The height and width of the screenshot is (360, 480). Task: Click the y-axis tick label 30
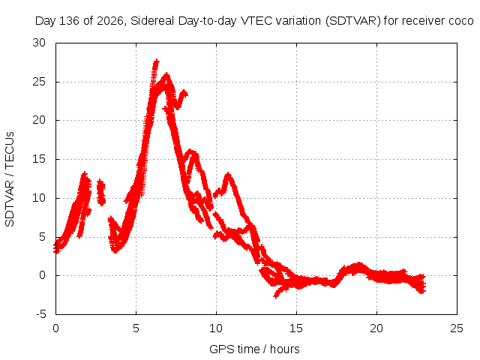coord(39,43)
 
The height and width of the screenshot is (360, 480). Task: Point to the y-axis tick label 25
coord(39,82)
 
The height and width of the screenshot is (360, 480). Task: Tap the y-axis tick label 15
coord(39,159)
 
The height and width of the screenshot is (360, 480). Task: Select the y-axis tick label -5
coord(41,314)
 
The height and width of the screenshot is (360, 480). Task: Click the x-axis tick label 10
coord(216,328)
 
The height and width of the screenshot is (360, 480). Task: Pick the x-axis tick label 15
coord(296,328)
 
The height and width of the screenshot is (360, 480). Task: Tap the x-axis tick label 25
coord(457,328)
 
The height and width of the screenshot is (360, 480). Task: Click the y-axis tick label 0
coord(42,275)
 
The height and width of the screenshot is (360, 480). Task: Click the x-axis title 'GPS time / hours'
coord(254,349)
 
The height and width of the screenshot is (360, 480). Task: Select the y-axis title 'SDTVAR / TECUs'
coord(10,179)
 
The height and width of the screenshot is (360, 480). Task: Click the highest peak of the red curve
coord(157,61)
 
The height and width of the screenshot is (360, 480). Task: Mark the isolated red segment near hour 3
coord(101,192)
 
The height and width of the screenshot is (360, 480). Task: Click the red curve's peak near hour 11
coord(228,175)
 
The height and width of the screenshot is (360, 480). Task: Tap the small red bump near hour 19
coord(358,265)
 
